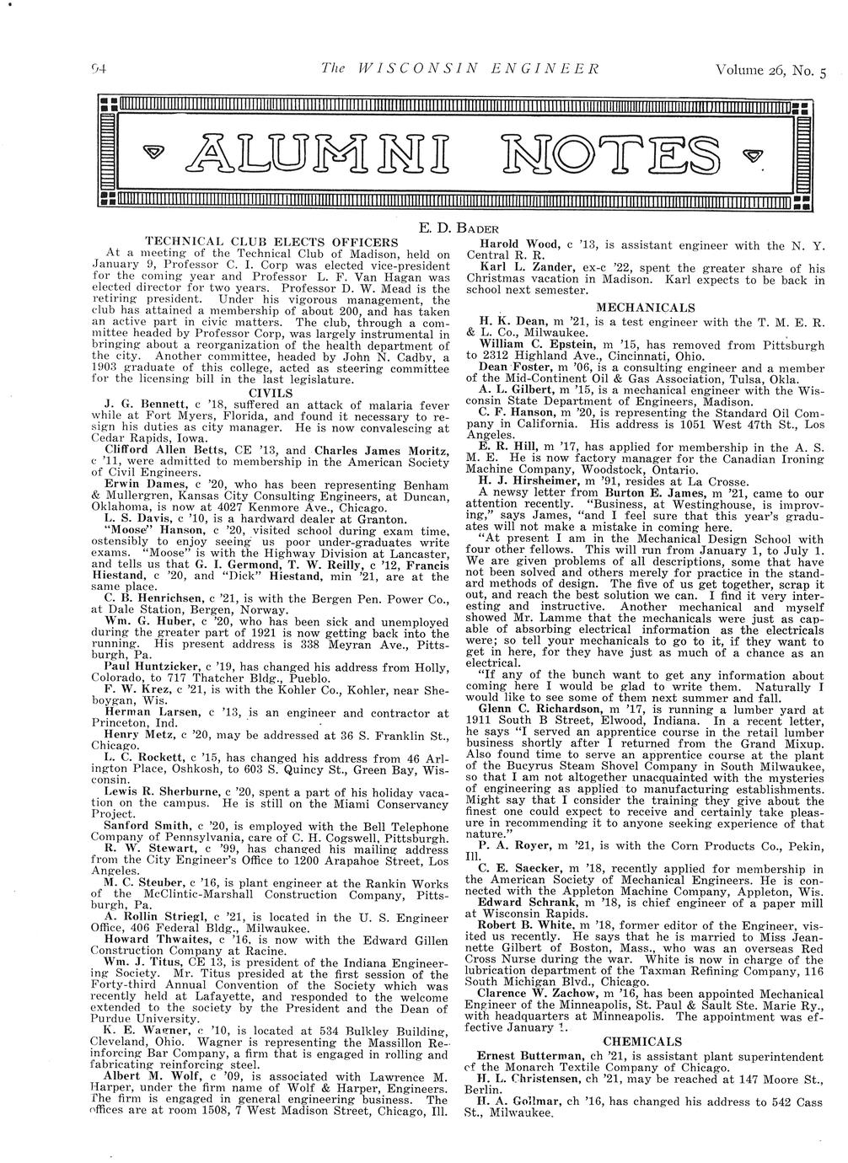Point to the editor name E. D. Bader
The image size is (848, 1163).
click(459, 228)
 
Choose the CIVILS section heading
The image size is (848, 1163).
click(271, 392)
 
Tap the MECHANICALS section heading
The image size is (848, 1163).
click(645, 308)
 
